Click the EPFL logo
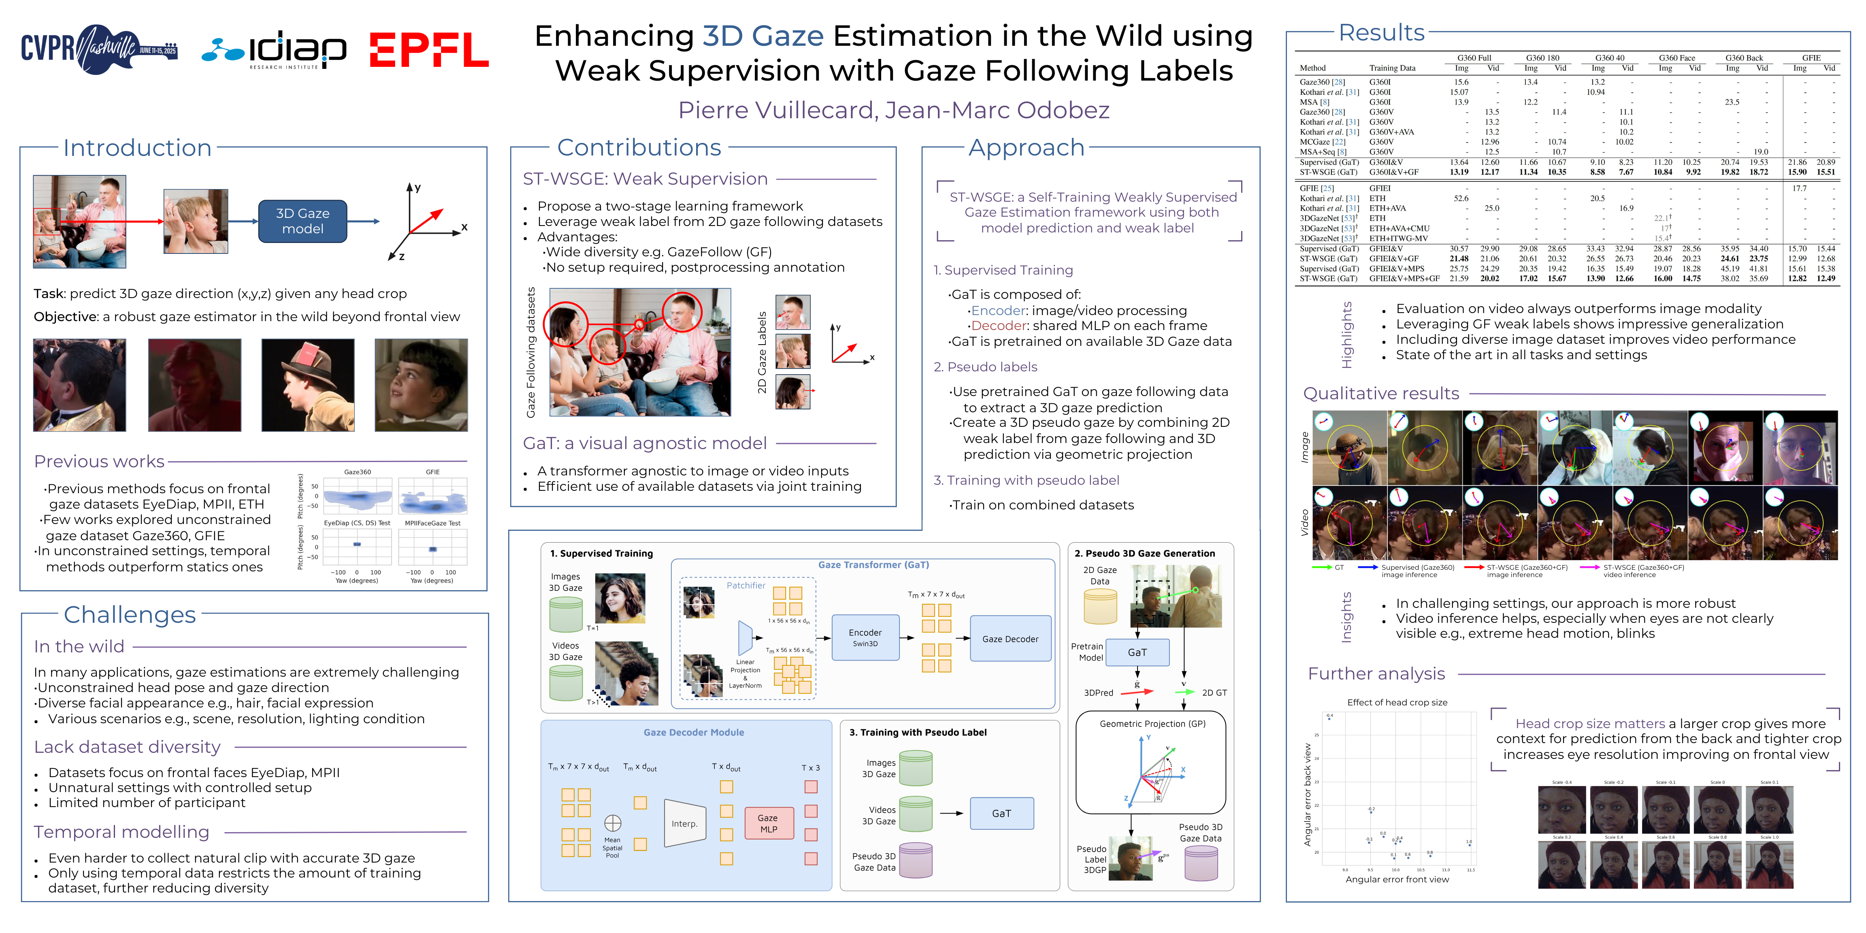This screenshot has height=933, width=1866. pos(429,49)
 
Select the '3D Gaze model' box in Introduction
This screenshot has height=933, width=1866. pos(303,221)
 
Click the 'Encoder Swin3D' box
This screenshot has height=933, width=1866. pos(865,637)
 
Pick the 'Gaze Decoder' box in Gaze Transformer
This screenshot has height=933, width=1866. pos(1010,639)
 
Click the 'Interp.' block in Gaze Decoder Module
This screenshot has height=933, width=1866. pos(684,824)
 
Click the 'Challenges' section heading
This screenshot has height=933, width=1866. pos(130,614)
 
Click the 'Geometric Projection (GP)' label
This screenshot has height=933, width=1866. pos(1152,724)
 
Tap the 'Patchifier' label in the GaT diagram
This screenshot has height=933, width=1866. pos(746,585)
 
